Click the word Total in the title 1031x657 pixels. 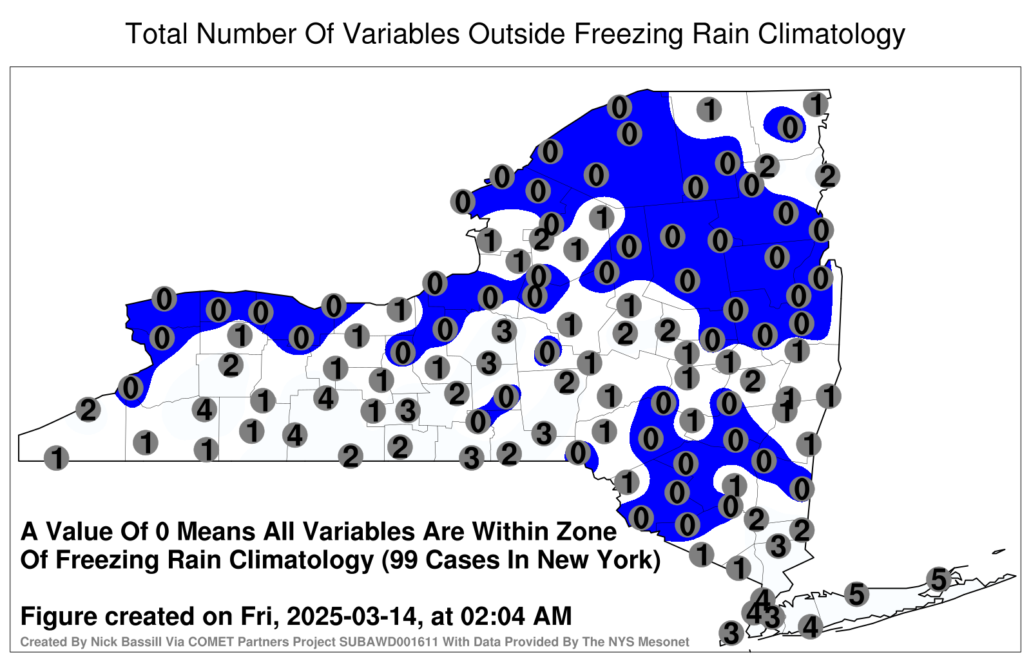tap(157, 33)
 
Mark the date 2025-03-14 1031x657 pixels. tap(352, 616)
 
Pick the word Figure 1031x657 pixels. tap(60, 617)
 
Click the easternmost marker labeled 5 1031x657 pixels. tap(938, 579)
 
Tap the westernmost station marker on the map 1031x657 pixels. tap(57, 458)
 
